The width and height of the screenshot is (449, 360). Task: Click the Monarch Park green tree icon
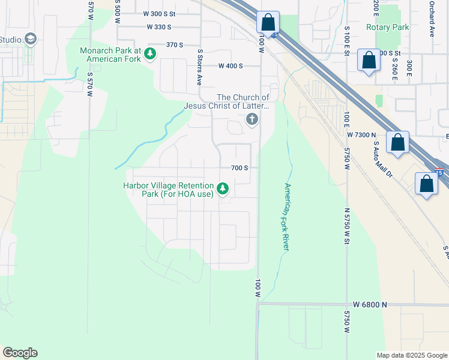tap(150, 55)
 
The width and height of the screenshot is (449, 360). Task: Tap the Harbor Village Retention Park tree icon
tap(223, 190)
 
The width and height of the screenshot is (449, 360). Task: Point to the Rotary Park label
tap(387, 27)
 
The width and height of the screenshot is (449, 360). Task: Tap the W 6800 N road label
tap(370, 305)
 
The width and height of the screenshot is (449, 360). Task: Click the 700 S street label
tap(240, 168)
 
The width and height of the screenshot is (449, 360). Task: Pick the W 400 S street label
tap(231, 66)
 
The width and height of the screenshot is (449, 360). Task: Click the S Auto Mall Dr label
tap(382, 159)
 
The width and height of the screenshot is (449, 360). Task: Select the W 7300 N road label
tap(361, 136)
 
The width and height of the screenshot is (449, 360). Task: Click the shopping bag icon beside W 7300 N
tap(397, 143)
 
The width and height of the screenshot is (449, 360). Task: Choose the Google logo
tap(20, 353)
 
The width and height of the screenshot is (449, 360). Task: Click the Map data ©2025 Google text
tap(412, 355)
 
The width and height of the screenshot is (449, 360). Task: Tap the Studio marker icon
tap(31, 40)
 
